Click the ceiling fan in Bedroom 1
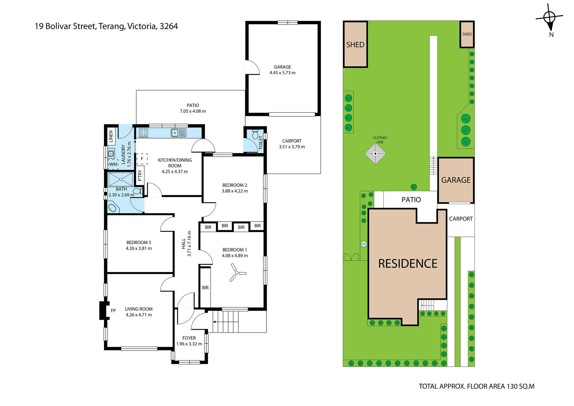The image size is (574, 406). point(237,273)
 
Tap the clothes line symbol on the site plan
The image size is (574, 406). point(375,154)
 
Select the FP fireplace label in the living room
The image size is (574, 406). point(113,311)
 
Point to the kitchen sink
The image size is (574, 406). point(178,133)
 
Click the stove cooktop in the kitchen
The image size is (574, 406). point(143,133)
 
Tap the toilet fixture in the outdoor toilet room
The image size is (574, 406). point(255,135)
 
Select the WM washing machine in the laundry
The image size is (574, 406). point(113,164)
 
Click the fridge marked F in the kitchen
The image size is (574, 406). point(142,159)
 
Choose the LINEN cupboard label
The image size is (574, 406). point(111,136)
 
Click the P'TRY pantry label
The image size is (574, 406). point(140,176)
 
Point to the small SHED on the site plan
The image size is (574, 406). point(467,34)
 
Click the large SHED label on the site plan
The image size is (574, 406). point(355,45)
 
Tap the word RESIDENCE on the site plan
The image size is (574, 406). point(408,264)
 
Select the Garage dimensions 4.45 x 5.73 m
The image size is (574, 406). point(283,73)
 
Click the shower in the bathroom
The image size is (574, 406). point(120,179)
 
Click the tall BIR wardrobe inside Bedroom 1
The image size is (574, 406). point(205,287)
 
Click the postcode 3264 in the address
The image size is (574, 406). point(169,26)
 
